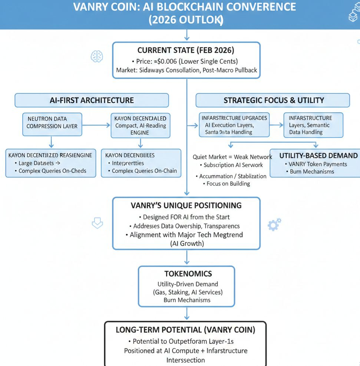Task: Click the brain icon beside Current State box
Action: [97, 57]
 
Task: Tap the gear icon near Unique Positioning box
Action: [274, 225]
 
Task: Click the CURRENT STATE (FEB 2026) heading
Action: [186, 50]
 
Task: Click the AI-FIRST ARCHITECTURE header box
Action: [92, 100]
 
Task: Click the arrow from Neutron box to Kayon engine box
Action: [96, 125]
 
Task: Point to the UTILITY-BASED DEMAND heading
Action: [318, 155]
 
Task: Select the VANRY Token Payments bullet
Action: [318, 164]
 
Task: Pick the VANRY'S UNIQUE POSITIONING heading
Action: [186, 205]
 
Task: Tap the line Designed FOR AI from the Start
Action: [186, 217]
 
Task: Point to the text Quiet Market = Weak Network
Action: [232, 157]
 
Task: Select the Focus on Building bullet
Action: [228, 184]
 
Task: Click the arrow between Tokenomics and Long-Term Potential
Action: [186, 314]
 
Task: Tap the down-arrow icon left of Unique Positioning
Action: [97, 223]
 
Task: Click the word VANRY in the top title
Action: [90, 7]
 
